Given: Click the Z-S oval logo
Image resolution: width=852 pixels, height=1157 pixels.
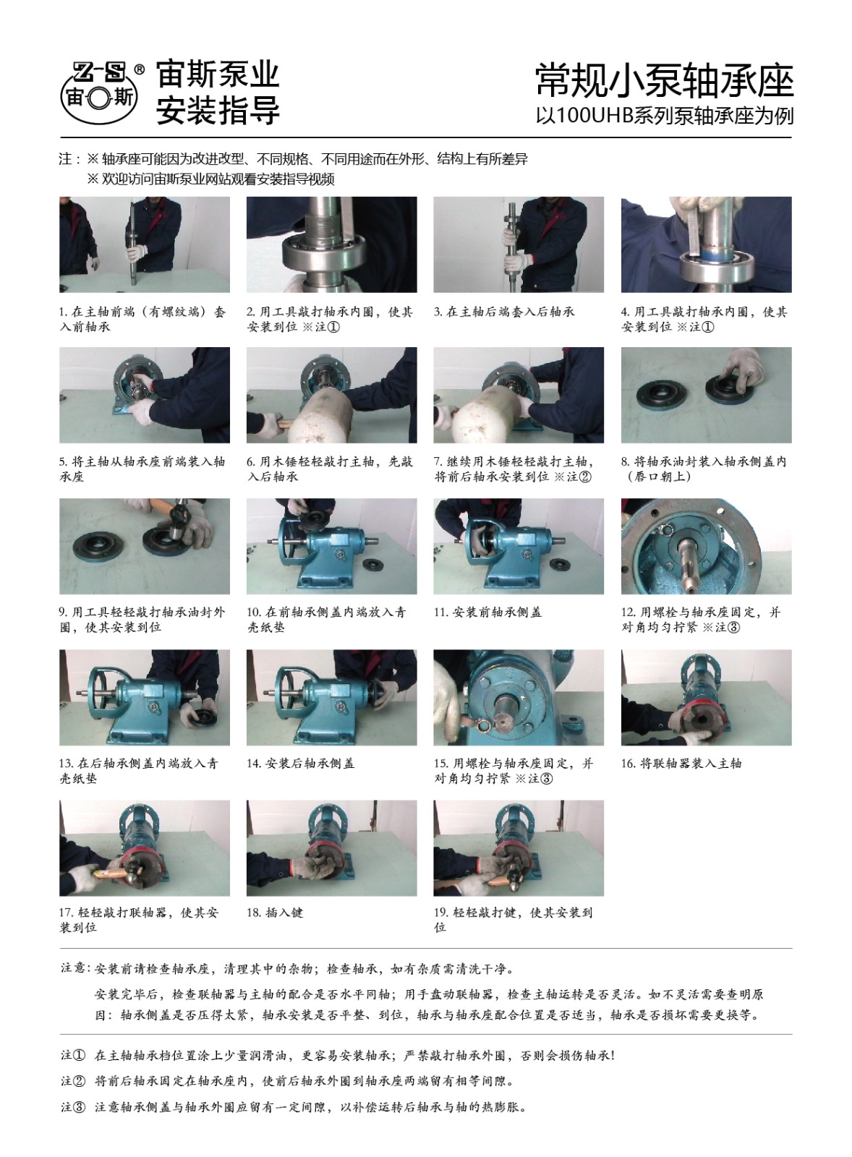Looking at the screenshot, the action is [102, 94].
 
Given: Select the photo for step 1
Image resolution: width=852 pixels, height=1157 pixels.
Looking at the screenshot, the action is [145, 244].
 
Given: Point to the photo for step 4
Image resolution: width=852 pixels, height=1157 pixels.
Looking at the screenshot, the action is [707, 244].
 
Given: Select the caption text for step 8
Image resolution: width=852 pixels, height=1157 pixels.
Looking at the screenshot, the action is [704, 469].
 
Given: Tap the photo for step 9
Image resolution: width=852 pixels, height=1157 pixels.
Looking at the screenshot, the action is [145, 546].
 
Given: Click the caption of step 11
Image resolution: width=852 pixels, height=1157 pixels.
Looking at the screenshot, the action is [487, 612].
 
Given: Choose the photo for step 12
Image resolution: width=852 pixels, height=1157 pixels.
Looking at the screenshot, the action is [707, 546].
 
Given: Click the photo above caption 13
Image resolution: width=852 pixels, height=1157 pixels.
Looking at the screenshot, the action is [145, 697].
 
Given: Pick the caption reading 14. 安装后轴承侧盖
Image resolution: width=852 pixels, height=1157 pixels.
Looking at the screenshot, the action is [301, 764].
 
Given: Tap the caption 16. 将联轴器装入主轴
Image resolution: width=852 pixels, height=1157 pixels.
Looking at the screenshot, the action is [681, 764].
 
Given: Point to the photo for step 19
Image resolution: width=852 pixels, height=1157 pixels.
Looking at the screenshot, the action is [519, 848].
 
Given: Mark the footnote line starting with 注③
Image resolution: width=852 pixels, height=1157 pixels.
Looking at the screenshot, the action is [294, 1107].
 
